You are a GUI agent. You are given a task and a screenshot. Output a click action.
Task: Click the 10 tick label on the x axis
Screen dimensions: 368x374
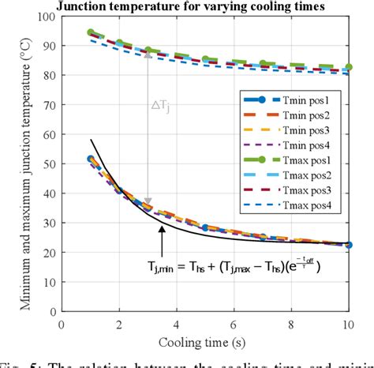[x=348, y=324]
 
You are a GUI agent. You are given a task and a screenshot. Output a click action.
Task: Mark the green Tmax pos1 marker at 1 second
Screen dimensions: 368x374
[x=91, y=33]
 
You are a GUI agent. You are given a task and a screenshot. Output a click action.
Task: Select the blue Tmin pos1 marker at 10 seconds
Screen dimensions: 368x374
[x=348, y=245]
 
